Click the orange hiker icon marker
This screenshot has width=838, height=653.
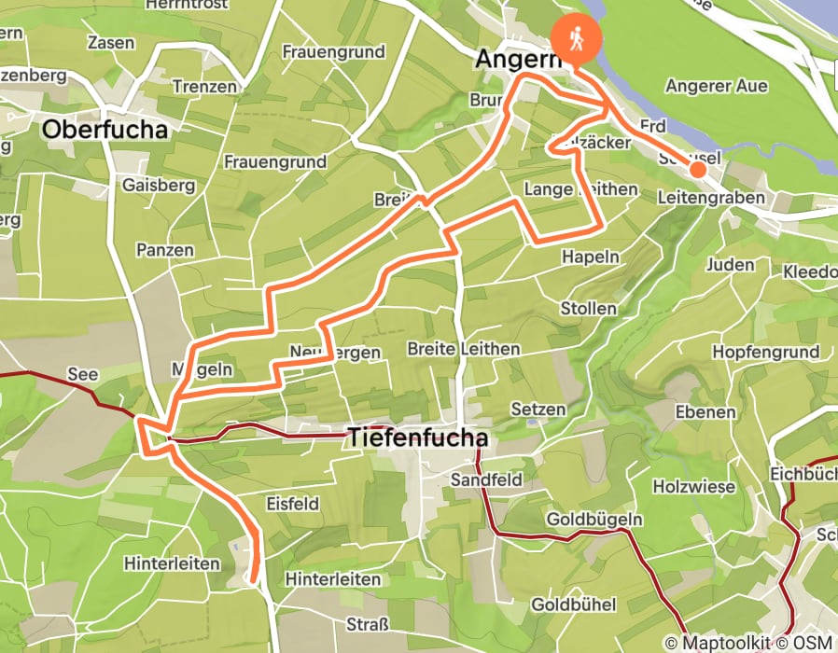pyautogui.click(x=577, y=38)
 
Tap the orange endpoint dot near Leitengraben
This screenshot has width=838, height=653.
pyautogui.click(x=697, y=169)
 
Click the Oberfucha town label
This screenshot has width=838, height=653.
pyautogui.click(x=105, y=130)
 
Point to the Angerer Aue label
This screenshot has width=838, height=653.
pyautogui.click(x=716, y=86)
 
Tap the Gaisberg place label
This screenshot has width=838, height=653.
pyautogui.click(x=159, y=185)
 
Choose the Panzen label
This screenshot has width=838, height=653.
pyautogui.click(x=164, y=250)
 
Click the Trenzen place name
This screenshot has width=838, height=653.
pyautogui.click(x=204, y=87)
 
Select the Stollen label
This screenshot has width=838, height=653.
pyautogui.click(x=588, y=308)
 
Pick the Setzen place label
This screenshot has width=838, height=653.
pyautogui.click(x=538, y=409)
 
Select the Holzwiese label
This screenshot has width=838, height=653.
pyautogui.click(x=690, y=486)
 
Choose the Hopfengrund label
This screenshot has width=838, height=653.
pyautogui.click(x=765, y=352)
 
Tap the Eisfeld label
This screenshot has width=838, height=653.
pyautogui.click(x=294, y=504)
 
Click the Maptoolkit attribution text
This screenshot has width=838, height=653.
pyautogui.click(x=720, y=643)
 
